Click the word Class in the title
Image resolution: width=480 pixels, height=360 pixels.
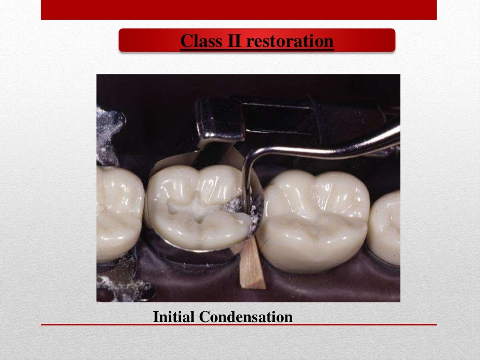[197, 41]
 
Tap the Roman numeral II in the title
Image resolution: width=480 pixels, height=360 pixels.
[230, 41]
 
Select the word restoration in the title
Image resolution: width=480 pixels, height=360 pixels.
[290, 41]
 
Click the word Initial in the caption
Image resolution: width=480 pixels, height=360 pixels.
[174, 317]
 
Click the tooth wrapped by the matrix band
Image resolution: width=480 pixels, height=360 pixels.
[197, 206]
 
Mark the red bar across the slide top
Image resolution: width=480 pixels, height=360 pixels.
[239, 9]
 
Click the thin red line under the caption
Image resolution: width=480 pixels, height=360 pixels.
[239, 324]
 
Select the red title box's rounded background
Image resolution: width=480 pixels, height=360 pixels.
[141, 40]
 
